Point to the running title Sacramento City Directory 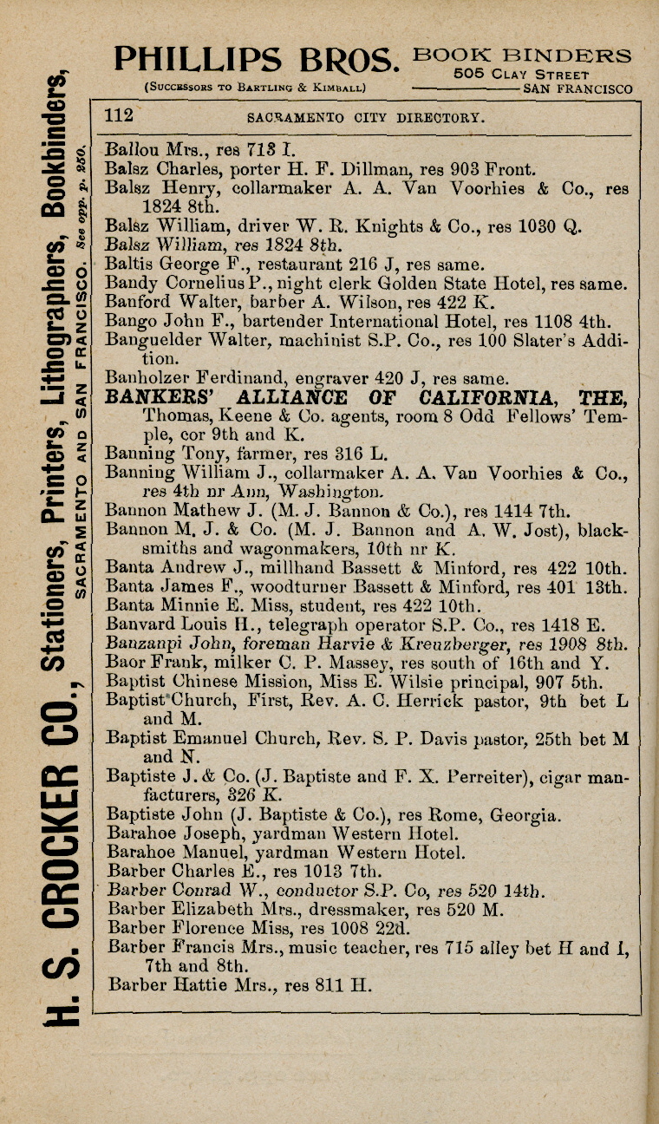coord(364,117)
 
